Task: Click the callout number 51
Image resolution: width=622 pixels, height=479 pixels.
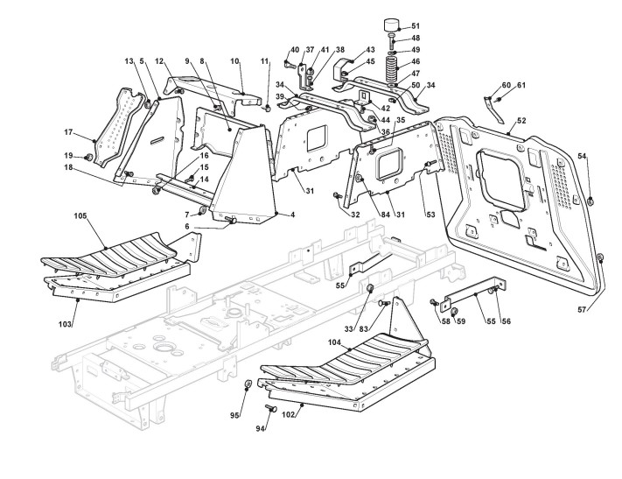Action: [415, 26]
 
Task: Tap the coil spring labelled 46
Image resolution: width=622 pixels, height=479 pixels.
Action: [392, 67]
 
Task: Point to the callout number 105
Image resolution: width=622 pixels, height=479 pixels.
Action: [80, 215]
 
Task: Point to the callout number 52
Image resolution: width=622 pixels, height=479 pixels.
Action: [521, 120]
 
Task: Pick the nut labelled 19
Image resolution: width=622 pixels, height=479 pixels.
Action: [88, 157]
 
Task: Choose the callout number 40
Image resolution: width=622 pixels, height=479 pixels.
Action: [294, 49]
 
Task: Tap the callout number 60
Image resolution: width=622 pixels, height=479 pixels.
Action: [507, 86]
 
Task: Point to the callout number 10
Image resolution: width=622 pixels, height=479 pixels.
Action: [234, 60]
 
